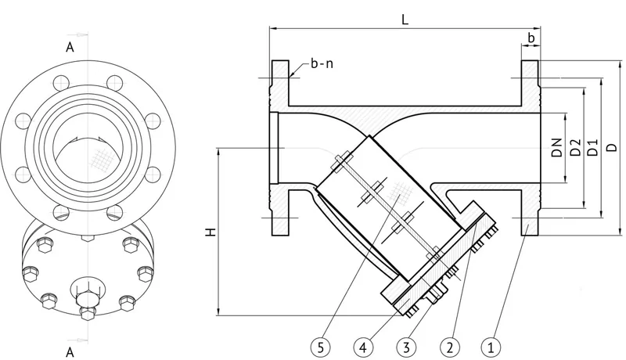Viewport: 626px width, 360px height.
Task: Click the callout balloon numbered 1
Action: [x=491, y=347]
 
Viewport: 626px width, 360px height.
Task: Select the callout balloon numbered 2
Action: [x=449, y=347]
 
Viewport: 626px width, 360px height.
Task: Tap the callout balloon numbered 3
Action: [x=406, y=347]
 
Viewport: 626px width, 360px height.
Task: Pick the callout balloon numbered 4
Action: [x=363, y=347]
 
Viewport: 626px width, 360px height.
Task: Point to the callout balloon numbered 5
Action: [x=320, y=347]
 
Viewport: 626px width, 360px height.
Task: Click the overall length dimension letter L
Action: [x=405, y=20]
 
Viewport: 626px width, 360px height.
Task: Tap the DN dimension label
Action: [x=557, y=147]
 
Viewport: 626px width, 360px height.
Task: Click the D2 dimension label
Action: [x=575, y=147]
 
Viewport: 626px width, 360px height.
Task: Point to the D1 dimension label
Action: [x=593, y=147]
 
